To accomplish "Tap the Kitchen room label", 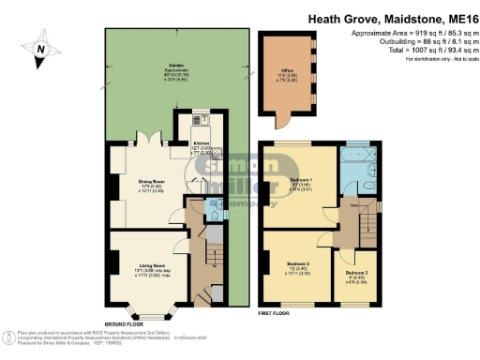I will (201, 145).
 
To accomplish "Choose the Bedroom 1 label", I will (302, 181).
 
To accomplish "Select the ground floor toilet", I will (215, 214).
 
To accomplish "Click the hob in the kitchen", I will (198, 119).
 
